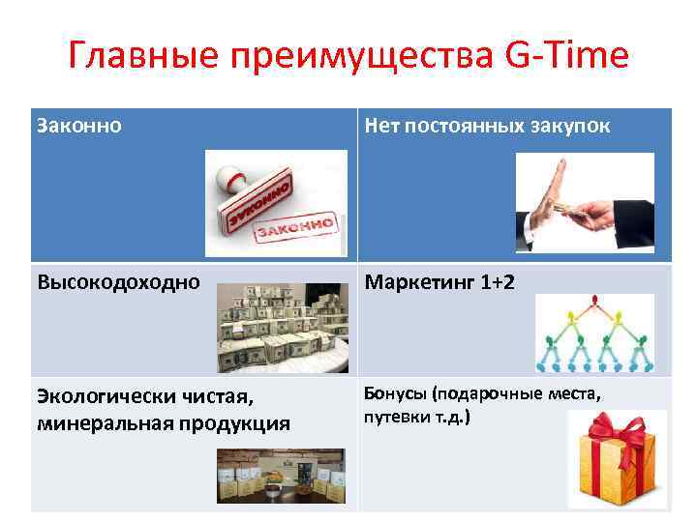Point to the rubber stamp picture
[x=275, y=202]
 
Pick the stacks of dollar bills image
[x=281, y=328]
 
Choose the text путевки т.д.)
[x=416, y=418]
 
